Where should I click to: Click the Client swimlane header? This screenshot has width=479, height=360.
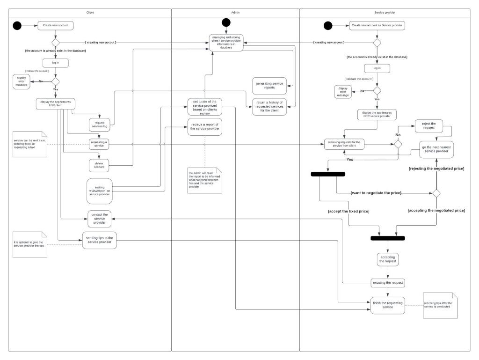coord(90,13)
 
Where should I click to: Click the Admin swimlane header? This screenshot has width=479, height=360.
coord(235,13)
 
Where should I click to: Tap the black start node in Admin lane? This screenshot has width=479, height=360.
coord(226,22)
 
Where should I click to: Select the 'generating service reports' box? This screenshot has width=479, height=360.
coord(269,85)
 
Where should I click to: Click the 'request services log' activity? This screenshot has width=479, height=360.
coord(99,124)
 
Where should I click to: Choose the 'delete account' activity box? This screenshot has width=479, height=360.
coord(99,164)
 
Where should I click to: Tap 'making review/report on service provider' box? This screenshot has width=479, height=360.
coord(99,191)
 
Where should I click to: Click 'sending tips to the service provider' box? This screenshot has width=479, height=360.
coord(99,240)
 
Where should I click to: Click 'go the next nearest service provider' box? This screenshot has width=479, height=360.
coord(436,150)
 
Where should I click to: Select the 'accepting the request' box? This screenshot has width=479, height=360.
coord(388,259)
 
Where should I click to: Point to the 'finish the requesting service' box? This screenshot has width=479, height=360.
coord(388,305)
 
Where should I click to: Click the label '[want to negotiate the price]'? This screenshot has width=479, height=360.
coord(376,193)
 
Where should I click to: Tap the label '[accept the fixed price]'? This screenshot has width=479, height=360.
coord(348,212)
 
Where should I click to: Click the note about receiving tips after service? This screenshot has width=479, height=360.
coord(440,305)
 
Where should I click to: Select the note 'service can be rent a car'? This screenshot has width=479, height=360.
coord(30,144)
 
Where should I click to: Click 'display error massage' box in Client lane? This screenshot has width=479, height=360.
coord(22,81)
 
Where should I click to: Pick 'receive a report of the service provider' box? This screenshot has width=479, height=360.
coord(204,127)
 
